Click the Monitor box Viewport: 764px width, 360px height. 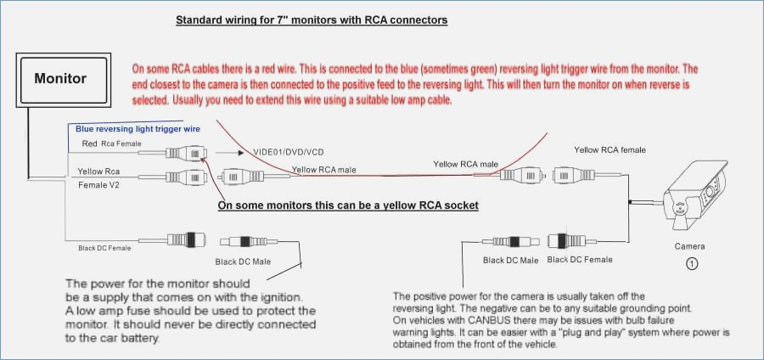(64, 80)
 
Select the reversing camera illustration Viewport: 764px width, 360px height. (697, 194)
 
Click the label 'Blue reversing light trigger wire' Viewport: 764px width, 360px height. (138, 129)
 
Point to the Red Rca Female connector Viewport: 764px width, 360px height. (186, 153)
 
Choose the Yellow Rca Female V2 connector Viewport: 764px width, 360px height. (186, 177)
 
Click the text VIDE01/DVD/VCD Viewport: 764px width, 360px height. (289, 152)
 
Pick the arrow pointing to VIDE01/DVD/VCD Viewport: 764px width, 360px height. (229, 153)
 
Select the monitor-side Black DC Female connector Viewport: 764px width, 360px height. (186, 239)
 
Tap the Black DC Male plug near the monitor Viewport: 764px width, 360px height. (249, 241)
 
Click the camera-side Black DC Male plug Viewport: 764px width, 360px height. (511, 241)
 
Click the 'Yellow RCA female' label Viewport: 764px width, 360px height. (610, 150)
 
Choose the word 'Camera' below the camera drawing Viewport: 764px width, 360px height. (689, 246)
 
